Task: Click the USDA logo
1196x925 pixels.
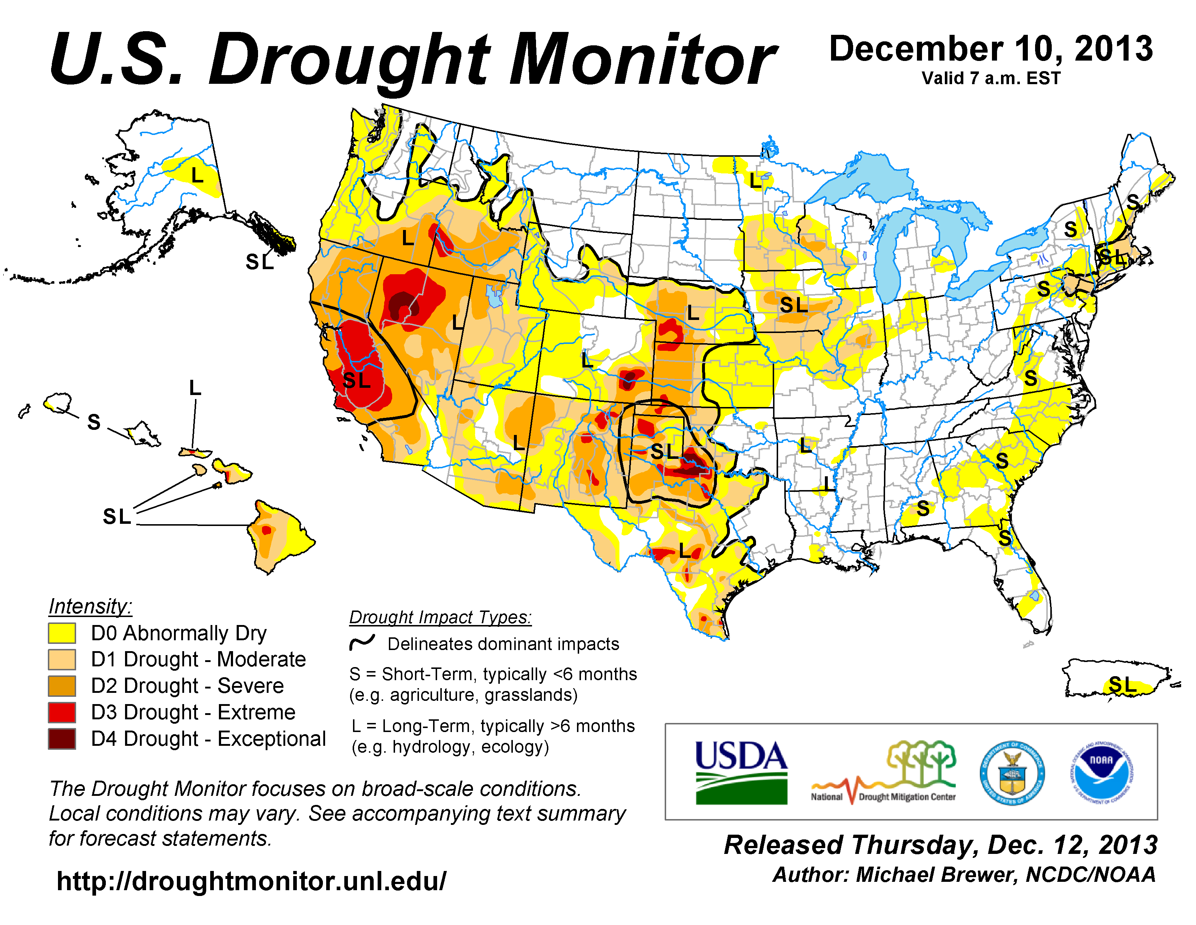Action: [x=741, y=772]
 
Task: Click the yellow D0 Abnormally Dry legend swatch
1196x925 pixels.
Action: [x=62, y=633]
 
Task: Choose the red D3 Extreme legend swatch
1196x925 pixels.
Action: [x=62, y=712]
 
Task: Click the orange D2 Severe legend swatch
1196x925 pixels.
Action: [x=62, y=686]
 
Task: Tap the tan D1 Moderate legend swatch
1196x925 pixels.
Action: [x=62, y=660]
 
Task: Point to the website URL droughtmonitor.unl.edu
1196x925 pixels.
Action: [x=252, y=881]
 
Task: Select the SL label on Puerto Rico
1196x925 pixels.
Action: [x=1122, y=684]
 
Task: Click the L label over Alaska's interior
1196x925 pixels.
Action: [x=197, y=175]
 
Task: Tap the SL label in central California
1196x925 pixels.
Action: [x=357, y=380]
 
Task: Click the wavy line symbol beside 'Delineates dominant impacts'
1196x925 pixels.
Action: [x=362, y=642]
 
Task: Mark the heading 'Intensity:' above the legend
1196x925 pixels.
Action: [x=90, y=607]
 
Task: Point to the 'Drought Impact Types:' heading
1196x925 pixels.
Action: [x=440, y=617]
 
